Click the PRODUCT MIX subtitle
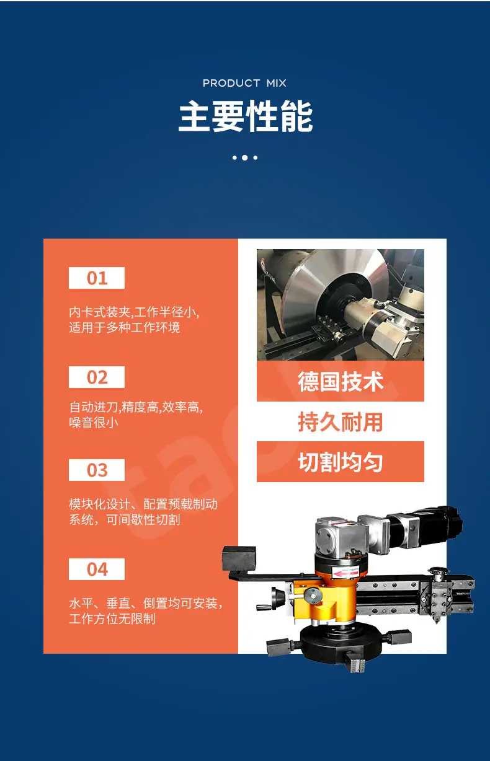click(x=244, y=83)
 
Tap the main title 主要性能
click(x=246, y=116)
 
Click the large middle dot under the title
click(x=245, y=157)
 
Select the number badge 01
click(x=97, y=278)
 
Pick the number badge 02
click(x=97, y=377)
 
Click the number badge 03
click(x=97, y=470)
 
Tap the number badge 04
click(x=97, y=569)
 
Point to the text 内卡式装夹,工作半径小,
click(x=134, y=312)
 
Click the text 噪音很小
click(x=94, y=422)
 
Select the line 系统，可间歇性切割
click(x=125, y=519)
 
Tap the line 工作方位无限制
click(x=112, y=618)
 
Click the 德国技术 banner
click(x=341, y=381)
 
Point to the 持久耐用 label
click(x=341, y=421)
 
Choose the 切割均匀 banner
click(x=341, y=462)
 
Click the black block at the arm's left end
click(x=239, y=559)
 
